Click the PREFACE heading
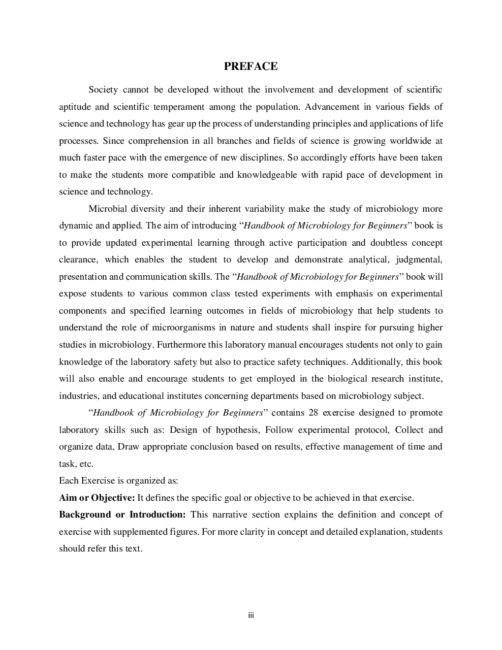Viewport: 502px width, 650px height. point(251,66)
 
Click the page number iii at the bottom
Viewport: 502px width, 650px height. point(251,616)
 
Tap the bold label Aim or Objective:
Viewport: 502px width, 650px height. point(97,498)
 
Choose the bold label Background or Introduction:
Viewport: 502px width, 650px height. point(122,515)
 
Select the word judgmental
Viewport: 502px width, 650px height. point(419,260)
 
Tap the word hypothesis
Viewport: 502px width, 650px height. point(237,430)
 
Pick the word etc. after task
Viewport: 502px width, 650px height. point(86,464)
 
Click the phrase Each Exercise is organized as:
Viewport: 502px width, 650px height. point(118,481)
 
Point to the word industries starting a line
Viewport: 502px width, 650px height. point(78,396)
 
